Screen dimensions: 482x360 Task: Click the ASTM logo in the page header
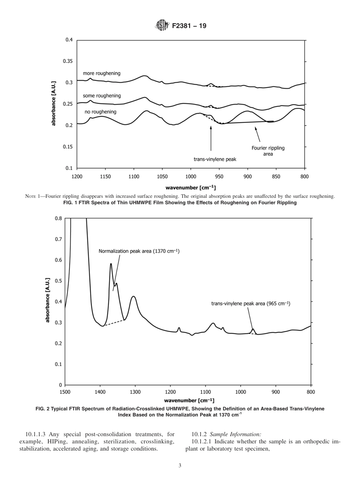pyautogui.click(x=161, y=26)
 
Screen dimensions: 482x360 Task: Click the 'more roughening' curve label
pyautogui.click(x=102, y=74)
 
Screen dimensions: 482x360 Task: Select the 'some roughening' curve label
pyautogui.click(x=102, y=96)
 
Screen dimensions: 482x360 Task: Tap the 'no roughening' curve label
pyautogui.click(x=100, y=112)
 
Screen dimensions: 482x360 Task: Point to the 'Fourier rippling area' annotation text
pyautogui.click(x=268, y=151)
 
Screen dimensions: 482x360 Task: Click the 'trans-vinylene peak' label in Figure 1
pyautogui.click(x=215, y=159)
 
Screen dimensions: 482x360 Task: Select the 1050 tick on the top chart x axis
pyautogui.click(x=162, y=176)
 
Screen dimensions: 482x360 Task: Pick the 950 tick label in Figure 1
pyautogui.click(x=219, y=176)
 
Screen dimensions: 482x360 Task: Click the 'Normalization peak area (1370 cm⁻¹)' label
pyautogui.click(x=139, y=251)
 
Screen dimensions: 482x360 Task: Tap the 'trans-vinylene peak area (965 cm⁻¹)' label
pyautogui.click(x=250, y=304)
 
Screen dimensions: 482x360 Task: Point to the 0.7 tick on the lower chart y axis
pyautogui.click(x=58, y=239)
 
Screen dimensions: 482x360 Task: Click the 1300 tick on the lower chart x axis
pyautogui.click(x=135, y=392)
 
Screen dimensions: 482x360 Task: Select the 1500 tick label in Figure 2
pyautogui.click(x=65, y=392)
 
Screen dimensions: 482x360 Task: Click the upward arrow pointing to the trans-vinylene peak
pyautogui.click(x=211, y=138)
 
